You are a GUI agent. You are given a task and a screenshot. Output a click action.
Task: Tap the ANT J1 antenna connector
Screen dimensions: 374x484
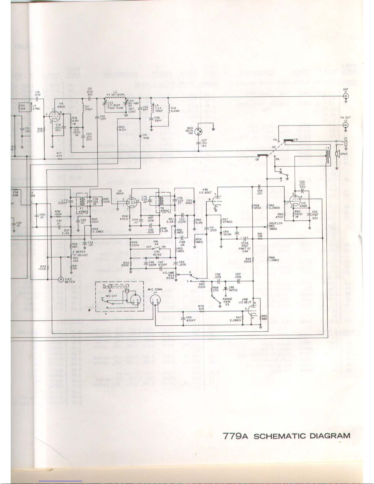(x=346, y=97)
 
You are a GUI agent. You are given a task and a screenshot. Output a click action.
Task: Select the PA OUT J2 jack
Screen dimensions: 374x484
(x=346, y=125)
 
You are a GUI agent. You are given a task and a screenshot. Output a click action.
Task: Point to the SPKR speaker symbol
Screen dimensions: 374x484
(x=337, y=154)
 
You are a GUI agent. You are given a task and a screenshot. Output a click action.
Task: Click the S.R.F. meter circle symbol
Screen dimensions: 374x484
(x=61, y=279)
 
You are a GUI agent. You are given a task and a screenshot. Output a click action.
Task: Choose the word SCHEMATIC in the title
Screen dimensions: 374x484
(x=280, y=436)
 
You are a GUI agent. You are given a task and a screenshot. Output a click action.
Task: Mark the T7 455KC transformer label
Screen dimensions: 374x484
(x=83, y=209)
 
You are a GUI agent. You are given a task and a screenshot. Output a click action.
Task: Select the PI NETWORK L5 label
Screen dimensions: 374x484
(x=115, y=93)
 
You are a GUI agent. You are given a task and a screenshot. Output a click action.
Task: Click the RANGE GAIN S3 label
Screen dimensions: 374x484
(x=227, y=302)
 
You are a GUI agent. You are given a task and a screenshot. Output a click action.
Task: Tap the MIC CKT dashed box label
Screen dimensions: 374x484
(x=111, y=296)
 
